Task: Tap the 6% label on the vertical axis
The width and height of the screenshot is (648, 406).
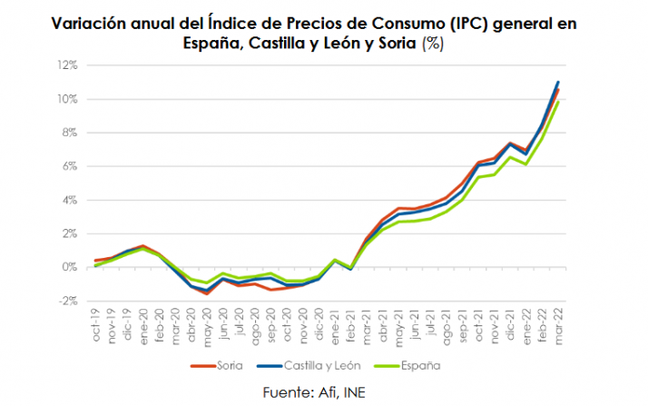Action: (69, 166)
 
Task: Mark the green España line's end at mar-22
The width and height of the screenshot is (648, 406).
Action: (558, 102)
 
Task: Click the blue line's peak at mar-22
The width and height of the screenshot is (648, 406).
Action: (558, 82)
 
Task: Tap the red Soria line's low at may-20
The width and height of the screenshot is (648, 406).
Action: (208, 293)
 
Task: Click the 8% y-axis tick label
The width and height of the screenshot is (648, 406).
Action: (69, 133)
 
